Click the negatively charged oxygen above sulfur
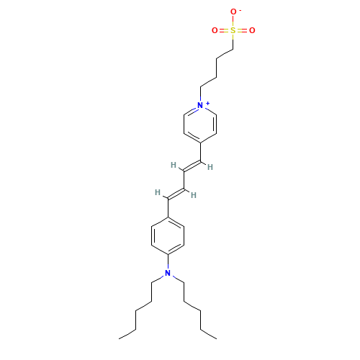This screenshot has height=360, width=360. [233, 12]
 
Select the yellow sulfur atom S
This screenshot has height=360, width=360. [233, 31]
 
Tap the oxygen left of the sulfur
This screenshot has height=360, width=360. [215, 31]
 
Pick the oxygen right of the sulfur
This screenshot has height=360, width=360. [251, 31]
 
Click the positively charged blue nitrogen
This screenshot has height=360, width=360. [200, 106]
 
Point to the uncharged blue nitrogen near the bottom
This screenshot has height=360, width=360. [168, 273]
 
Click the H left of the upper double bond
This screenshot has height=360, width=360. [174, 165]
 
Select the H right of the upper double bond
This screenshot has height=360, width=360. [210, 167]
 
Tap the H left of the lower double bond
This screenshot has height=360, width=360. [158, 192]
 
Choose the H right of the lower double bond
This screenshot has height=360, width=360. [194, 194]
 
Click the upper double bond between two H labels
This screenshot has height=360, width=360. [192, 166]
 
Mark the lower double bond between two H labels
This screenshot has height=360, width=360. [176, 193]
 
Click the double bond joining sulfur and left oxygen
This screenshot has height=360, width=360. [223, 31]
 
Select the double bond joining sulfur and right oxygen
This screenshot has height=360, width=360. [242, 31]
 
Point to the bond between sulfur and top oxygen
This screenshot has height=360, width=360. [233, 22]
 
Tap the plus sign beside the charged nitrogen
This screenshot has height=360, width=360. [207, 102]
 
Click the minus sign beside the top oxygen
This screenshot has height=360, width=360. [238, 9]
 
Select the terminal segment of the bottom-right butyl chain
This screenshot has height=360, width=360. [207, 333]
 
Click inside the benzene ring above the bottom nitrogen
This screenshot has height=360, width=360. [168, 235]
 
